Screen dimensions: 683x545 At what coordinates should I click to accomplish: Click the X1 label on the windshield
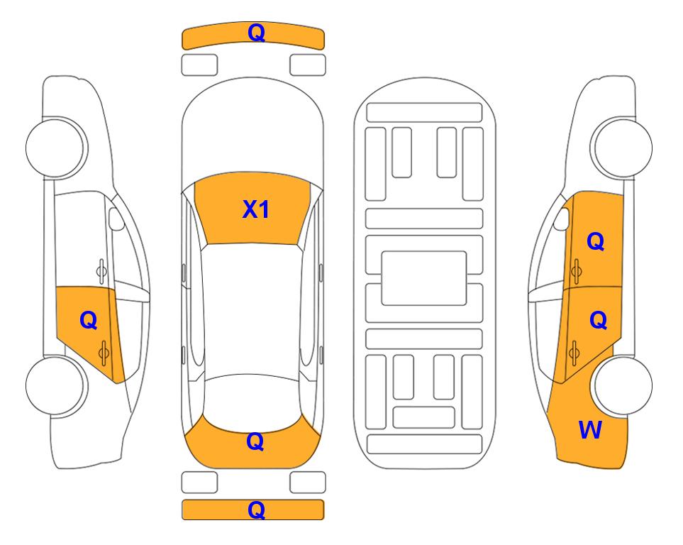pyautogui.click(x=256, y=209)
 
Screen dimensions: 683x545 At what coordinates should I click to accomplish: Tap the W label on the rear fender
pyautogui.click(x=590, y=430)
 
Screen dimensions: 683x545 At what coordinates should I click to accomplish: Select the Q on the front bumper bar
pyautogui.click(x=256, y=32)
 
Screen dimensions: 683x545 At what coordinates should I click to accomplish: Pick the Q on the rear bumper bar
pyautogui.click(x=256, y=510)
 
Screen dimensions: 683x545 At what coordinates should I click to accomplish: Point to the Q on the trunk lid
pyautogui.click(x=255, y=441)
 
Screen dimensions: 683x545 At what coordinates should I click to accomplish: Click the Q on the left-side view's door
pyautogui.click(x=88, y=321)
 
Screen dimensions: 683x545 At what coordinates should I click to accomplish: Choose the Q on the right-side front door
pyautogui.click(x=596, y=241)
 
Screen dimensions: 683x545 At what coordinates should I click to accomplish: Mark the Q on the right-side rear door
pyautogui.click(x=598, y=320)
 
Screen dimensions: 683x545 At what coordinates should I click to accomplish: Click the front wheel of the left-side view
pyautogui.click(x=55, y=148)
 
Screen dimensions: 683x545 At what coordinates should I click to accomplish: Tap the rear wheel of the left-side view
pyautogui.click(x=55, y=385)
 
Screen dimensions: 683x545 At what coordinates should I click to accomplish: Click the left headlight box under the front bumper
pyautogui.click(x=199, y=65)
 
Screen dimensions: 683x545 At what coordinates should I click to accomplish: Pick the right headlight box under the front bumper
pyautogui.click(x=308, y=65)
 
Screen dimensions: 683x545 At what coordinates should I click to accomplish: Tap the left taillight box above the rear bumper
pyautogui.click(x=199, y=483)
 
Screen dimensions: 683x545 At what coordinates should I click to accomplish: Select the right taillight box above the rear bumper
pyautogui.click(x=308, y=483)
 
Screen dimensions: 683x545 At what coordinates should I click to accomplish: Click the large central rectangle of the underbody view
pyautogui.click(x=424, y=278)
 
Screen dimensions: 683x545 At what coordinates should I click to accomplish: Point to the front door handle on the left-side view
pyautogui.click(x=101, y=271)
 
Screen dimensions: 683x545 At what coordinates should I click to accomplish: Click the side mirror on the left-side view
pyautogui.click(x=116, y=219)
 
